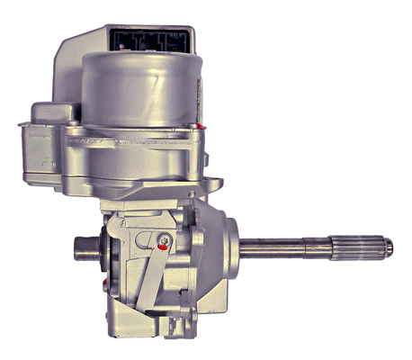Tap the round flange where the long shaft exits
[220, 243]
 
